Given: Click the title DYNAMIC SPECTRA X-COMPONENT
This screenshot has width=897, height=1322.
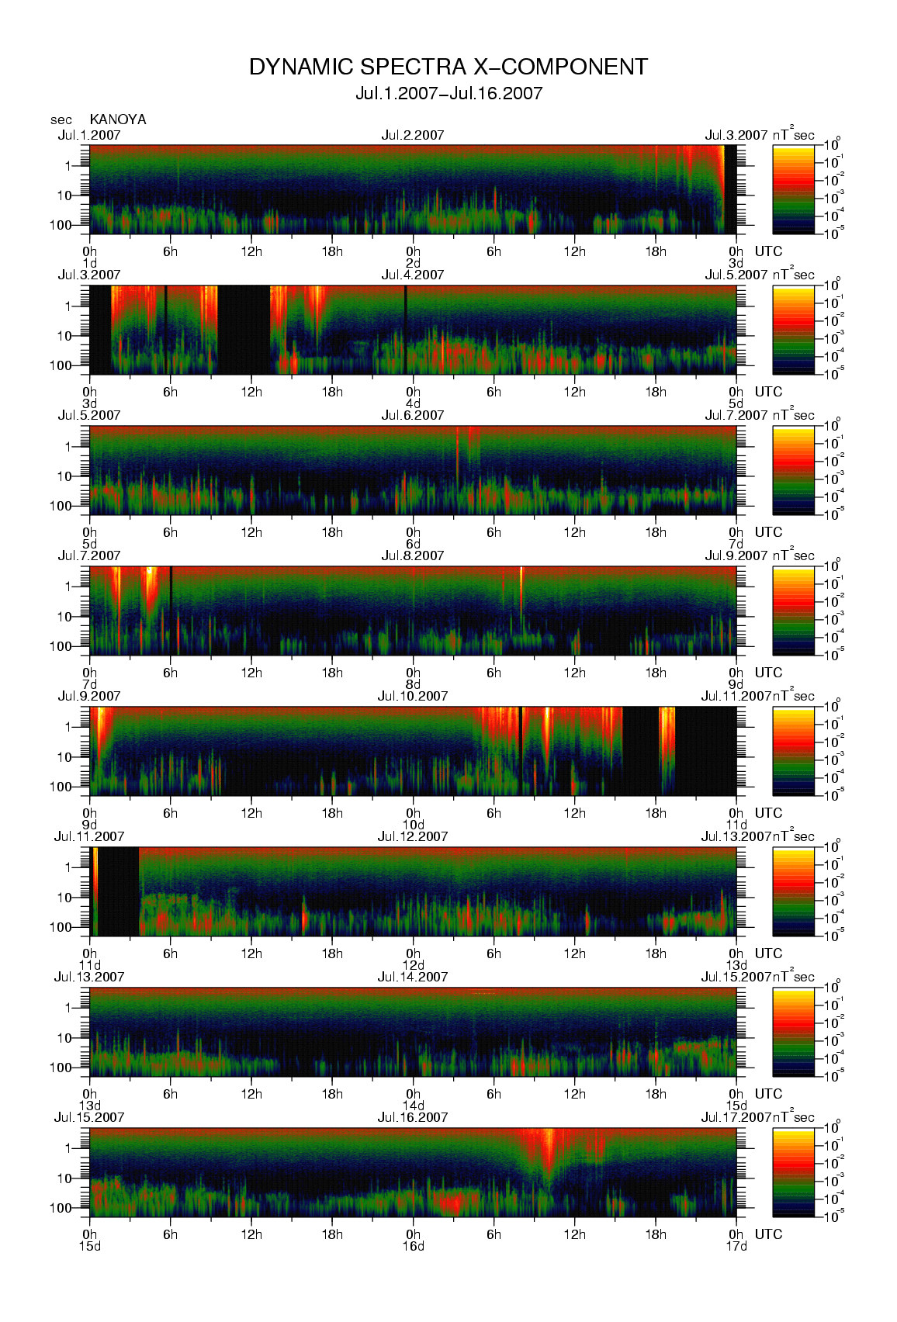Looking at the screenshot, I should [x=448, y=67].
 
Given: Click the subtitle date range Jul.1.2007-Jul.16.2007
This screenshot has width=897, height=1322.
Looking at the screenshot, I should [x=448, y=94].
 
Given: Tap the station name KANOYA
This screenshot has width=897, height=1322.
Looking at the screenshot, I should [x=118, y=119].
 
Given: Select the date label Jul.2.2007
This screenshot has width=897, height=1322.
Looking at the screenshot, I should [x=413, y=135].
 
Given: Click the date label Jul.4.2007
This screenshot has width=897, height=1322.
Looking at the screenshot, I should [x=413, y=275].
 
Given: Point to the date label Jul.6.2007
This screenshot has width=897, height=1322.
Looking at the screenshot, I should [x=413, y=416].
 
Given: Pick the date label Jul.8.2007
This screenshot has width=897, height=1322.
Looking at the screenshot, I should [x=413, y=556].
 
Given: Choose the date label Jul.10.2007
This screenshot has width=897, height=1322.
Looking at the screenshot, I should [x=413, y=697].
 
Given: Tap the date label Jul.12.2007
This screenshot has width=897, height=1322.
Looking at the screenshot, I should [x=413, y=837].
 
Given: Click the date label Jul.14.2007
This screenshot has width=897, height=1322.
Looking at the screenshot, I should [x=413, y=978].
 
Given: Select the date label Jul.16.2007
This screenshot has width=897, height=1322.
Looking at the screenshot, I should [x=413, y=1118].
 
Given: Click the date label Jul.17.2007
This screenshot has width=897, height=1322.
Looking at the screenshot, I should [x=736, y=1118].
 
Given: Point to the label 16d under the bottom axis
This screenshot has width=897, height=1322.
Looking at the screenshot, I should [x=413, y=1247].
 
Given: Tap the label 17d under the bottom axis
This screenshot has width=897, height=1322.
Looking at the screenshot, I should [x=736, y=1247].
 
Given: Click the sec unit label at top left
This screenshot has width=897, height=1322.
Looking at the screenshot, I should [x=61, y=120].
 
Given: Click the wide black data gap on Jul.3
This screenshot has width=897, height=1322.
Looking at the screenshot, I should [x=244, y=330].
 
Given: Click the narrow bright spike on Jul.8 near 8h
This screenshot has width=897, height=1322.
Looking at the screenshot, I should [x=521, y=586].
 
